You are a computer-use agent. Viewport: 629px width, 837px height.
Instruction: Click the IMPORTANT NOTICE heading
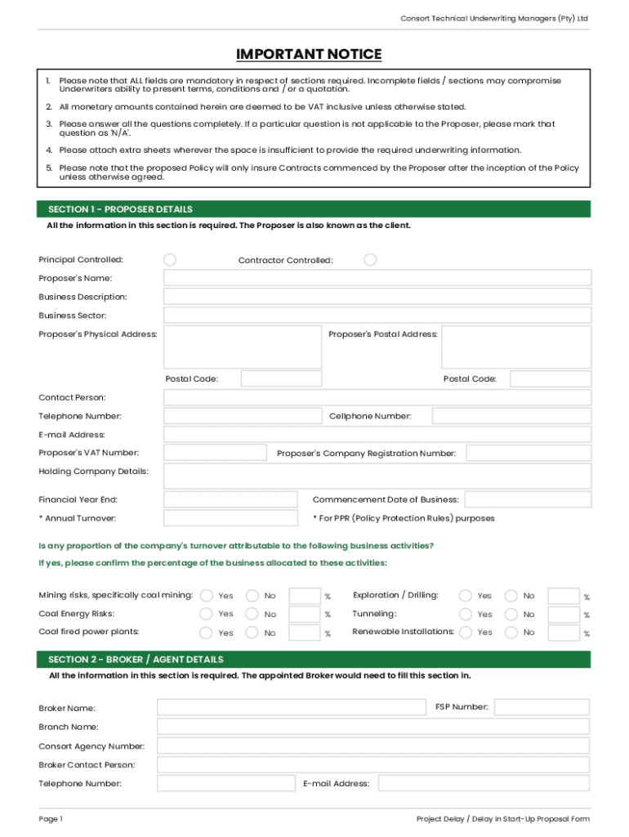coord(309,55)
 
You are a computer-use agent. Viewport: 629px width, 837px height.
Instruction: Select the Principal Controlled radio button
coord(170,260)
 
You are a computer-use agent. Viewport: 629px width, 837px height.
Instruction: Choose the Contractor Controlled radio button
coord(370,260)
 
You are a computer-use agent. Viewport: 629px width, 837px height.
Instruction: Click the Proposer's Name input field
coord(377,279)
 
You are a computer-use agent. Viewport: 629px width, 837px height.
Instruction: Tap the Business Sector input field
coord(377,316)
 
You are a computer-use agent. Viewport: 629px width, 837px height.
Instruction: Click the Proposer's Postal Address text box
coord(515,347)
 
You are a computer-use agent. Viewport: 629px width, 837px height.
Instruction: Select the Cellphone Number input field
coord(511,416)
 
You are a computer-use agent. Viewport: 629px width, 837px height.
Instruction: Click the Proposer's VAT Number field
coord(215,453)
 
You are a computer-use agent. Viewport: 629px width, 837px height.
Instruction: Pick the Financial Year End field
coord(230,499)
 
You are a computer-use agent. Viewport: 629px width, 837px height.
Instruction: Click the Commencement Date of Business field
coord(528,499)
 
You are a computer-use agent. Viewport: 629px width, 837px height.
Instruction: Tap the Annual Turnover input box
coord(230,518)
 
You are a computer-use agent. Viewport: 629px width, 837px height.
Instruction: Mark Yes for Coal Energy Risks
coord(207,614)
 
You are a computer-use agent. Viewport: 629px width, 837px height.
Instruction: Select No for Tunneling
coord(511,614)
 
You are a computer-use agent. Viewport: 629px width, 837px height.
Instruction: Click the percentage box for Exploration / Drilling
coord(563,596)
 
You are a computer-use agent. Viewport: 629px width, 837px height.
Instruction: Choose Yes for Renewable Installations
coord(466,633)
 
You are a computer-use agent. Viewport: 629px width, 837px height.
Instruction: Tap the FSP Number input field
coord(542,707)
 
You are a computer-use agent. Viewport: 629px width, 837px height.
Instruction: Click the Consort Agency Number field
coord(372,745)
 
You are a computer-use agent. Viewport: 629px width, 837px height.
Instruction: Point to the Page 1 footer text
coord(51,819)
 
